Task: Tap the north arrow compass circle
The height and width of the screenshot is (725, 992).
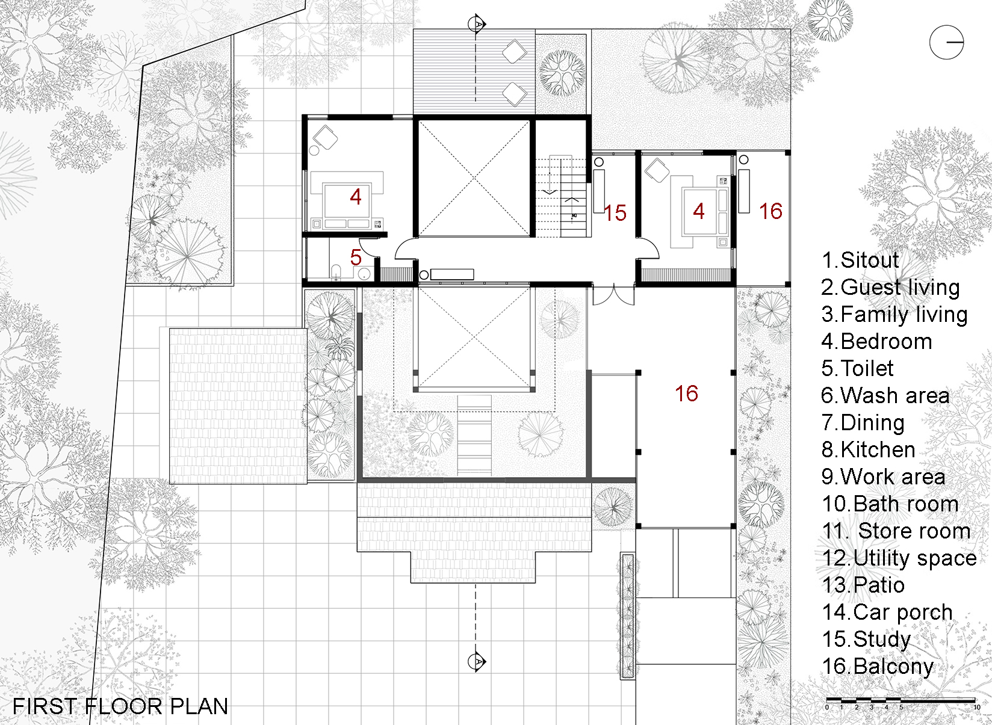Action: [x=946, y=43]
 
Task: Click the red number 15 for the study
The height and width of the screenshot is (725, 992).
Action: [x=615, y=213]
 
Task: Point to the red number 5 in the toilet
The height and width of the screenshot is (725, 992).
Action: [x=356, y=258]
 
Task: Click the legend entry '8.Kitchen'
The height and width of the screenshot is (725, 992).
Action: [x=869, y=449]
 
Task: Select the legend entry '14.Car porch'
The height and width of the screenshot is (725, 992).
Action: [x=887, y=612]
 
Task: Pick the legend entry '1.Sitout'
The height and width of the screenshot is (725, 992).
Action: [x=860, y=260]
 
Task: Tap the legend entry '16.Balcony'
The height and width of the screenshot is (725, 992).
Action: [x=878, y=667]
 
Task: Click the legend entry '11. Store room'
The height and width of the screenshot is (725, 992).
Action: [x=896, y=531]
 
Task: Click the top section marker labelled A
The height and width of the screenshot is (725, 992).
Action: [x=477, y=24]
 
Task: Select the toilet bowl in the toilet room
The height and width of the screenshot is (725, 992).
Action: [x=336, y=272]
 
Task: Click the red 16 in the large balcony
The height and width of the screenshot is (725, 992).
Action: [x=686, y=393]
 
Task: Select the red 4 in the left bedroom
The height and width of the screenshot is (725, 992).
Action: [x=356, y=197]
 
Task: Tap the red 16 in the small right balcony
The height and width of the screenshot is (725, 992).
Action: [x=770, y=211]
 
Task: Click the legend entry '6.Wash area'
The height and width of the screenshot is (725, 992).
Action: [x=885, y=396]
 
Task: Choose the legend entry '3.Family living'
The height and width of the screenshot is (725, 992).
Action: [x=894, y=315]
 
